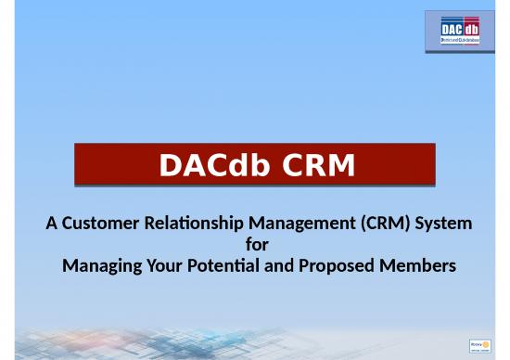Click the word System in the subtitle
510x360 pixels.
(x=442, y=224)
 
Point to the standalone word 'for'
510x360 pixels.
(x=255, y=245)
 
